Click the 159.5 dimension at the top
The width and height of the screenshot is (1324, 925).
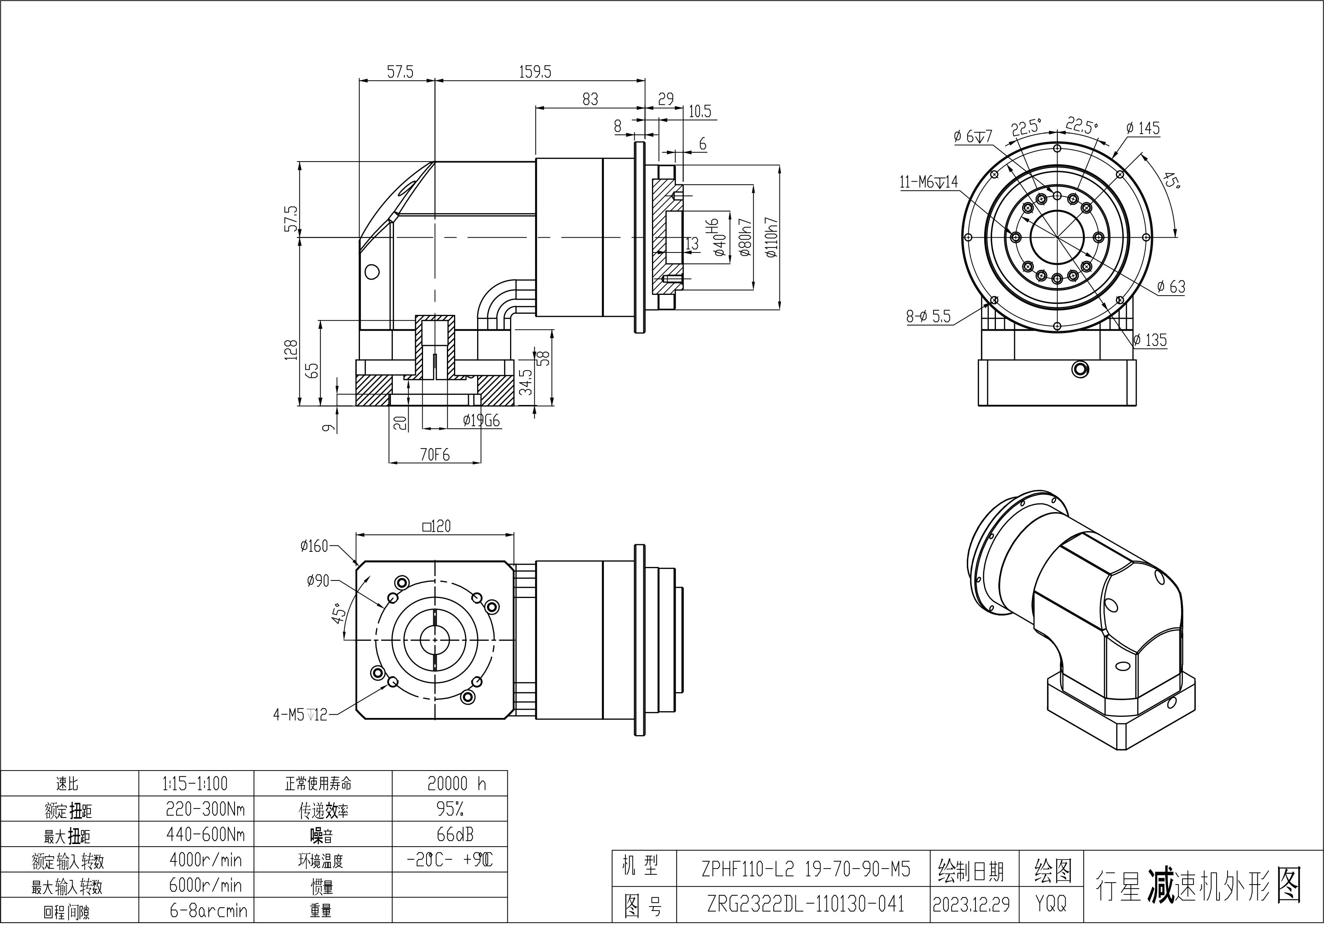point(535,72)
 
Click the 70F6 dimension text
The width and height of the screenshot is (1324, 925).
point(434,455)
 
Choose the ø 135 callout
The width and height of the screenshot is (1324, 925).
point(1149,340)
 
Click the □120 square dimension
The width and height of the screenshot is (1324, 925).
point(437,526)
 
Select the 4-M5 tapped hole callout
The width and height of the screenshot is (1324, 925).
point(300,715)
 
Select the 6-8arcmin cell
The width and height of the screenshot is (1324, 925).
point(208,911)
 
